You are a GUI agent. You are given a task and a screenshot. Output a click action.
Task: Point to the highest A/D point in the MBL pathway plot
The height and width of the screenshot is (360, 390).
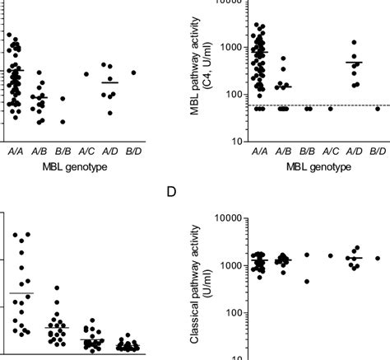click(354, 42)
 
